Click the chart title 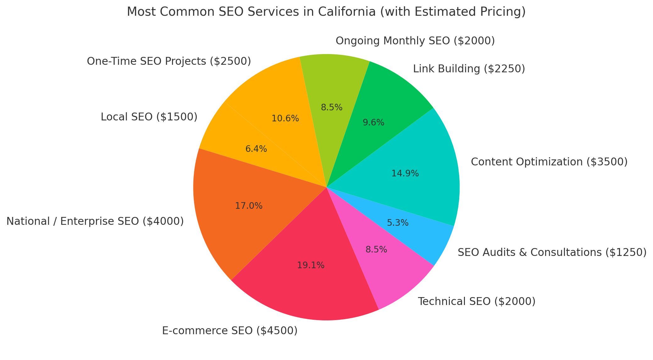tap(326, 12)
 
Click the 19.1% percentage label tap(311, 266)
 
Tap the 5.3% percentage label tap(398, 223)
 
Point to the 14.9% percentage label tap(405, 174)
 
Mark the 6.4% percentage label tap(256, 149)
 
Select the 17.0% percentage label tap(249, 206)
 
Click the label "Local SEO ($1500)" tap(149, 117)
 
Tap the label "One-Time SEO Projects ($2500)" tap(169, 61)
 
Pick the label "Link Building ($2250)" tap(469, 69)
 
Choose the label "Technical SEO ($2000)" tap(477, 302)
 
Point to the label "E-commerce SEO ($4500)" tap(230, 331)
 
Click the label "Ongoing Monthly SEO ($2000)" tap(415, 41)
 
